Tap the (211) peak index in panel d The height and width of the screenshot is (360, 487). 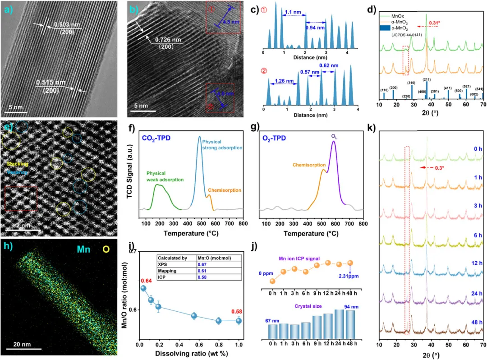pyautogui.click(x=427, y=80)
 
